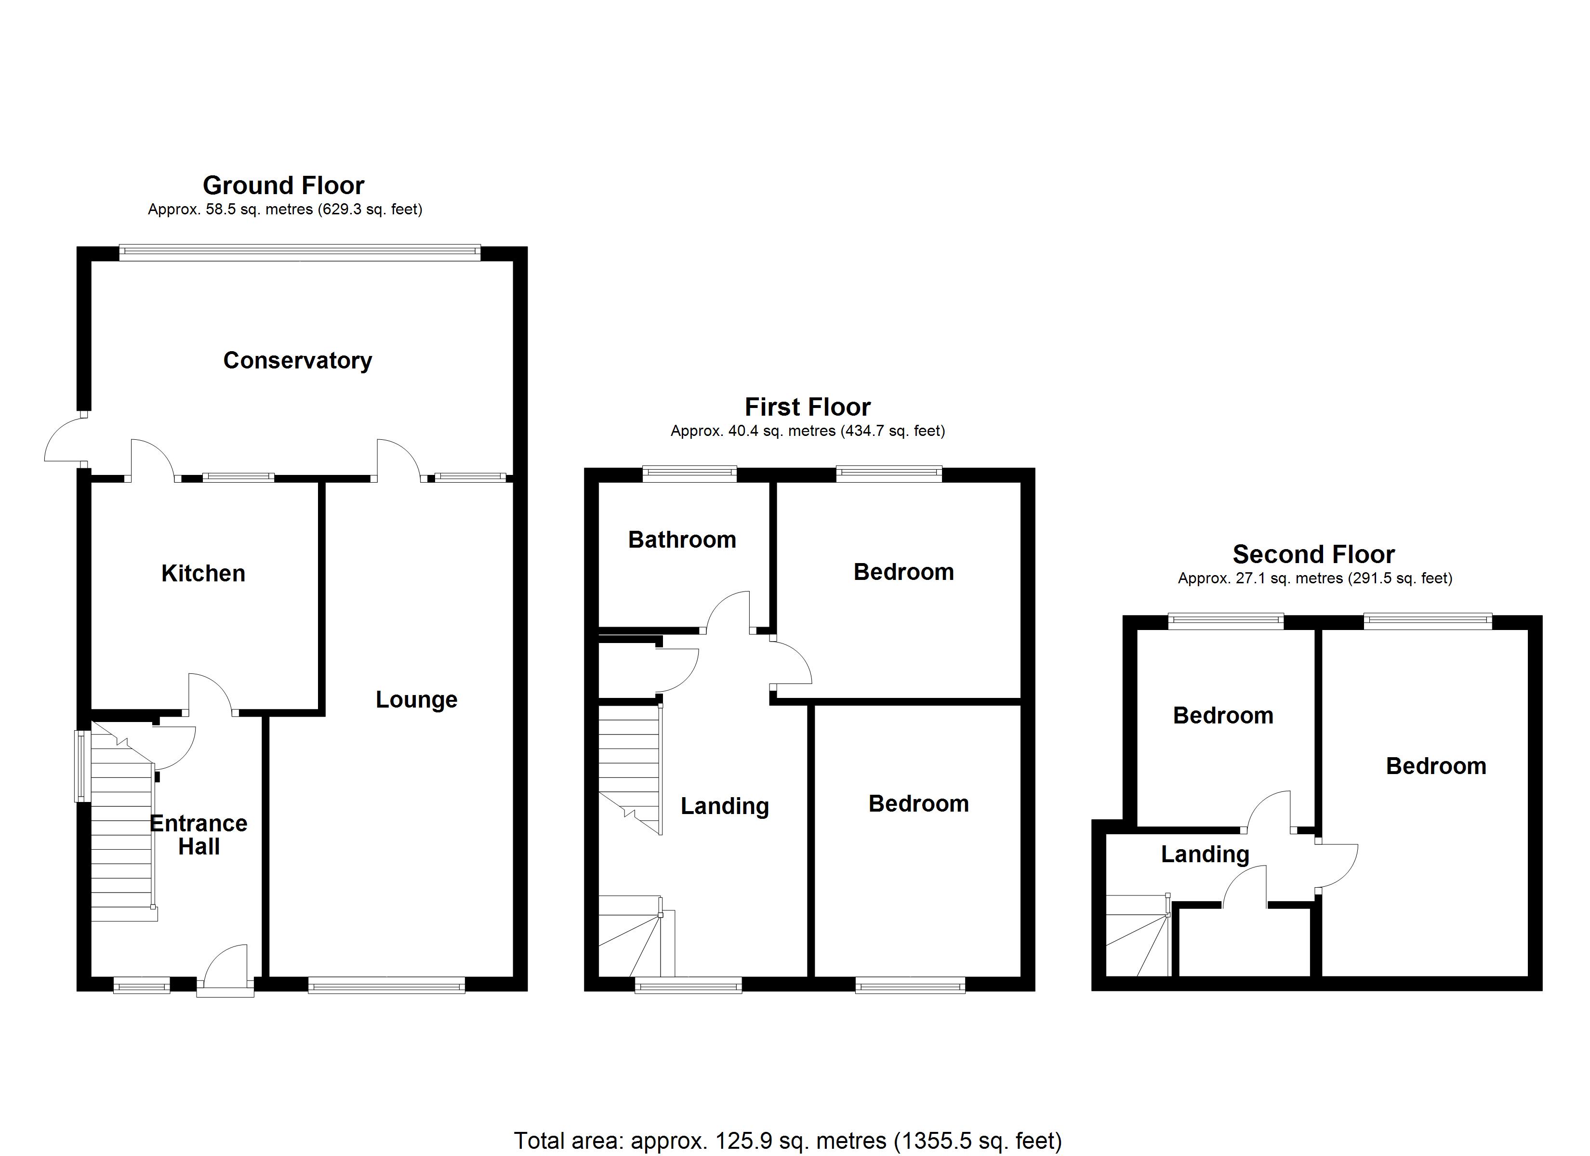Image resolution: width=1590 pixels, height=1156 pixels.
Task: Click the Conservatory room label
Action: [x=297, y=360]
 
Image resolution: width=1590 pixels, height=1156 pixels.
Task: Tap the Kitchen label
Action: [x=203, y=574]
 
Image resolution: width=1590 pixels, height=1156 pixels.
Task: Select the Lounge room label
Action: [x=416, y=700]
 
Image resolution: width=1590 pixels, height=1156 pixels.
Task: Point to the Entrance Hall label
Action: [x=199, y=835]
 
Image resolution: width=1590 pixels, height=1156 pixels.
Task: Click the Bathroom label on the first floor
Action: [x=682, y=540]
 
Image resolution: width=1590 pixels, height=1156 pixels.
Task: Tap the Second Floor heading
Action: [x=1314, y=554]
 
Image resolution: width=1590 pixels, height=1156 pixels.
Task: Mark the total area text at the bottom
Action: [x=788, y=1141]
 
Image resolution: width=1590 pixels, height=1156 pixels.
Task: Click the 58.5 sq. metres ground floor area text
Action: [x=285, y=210]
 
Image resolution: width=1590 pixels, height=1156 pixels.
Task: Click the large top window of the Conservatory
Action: [x=300, y=252]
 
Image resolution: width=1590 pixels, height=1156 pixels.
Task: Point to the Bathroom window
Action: [x=690, y=474]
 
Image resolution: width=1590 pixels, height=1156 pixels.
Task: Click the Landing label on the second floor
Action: [x=1205, y=854]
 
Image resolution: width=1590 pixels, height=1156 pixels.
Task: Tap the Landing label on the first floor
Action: [x=725, y=806]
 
